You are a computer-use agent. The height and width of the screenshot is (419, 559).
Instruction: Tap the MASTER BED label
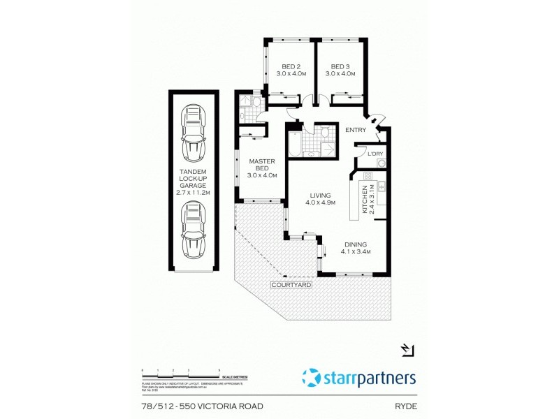pyautogui.click(x=263, y=168)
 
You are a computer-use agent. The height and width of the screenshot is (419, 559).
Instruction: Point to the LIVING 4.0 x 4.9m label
pyautogui.click(x=321, y=199)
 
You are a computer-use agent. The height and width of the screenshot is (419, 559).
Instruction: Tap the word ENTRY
pyautogui.click(x=356, y=130)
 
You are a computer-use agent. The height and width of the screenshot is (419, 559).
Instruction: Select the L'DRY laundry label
pyautogui.click(x=375, y=154)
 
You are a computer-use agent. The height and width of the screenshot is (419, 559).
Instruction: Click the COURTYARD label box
pyautogui.click(x=292, y=286)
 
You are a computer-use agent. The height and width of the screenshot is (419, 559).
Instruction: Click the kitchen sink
pyautogui.click(x=382, y=187)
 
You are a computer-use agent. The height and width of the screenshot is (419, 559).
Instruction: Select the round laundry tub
pyautogui.click(x=382, y=163)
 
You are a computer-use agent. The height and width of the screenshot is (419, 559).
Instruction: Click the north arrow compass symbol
pyautogui.click(x=407, y=350)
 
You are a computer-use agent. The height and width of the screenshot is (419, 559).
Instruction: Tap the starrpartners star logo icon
pyautogui.click(x=311, y=378)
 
